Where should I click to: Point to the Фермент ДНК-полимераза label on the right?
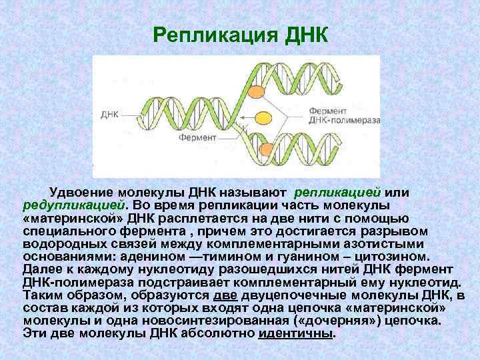[344, 115]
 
